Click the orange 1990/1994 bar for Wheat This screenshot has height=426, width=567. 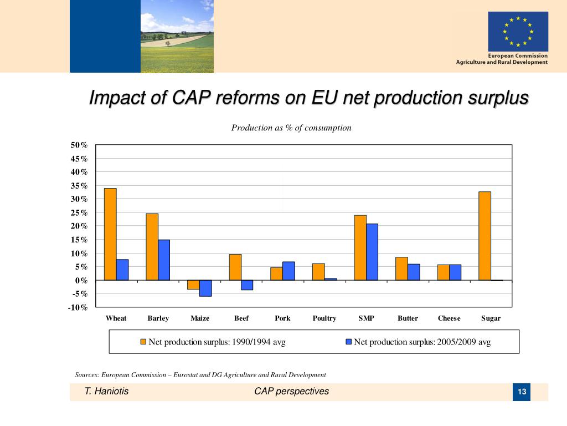(110, 234)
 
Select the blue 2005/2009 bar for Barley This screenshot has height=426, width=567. (164, 260)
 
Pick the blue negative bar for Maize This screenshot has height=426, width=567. (205, 288)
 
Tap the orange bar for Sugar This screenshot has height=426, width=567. (484, 236)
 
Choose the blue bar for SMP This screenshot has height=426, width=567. (372, 252)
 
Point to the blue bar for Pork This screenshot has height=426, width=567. (288, 271)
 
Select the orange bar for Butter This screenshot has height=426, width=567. (401, 268)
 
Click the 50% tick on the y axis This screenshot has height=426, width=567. (79, 145)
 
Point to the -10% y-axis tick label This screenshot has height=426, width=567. (78, 308)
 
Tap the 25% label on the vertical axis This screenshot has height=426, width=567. (79, 213)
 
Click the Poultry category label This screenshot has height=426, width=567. (324, 318)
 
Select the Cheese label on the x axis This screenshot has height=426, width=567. (449, 318)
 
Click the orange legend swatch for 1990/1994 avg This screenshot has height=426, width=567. (143, 342)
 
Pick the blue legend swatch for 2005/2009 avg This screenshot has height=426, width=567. (349, 342)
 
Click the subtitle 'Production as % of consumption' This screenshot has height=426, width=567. (291, 128)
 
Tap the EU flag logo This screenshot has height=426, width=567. (518, 32)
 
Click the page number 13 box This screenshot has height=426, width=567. (522, 393)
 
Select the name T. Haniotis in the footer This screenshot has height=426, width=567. (106, 392)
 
